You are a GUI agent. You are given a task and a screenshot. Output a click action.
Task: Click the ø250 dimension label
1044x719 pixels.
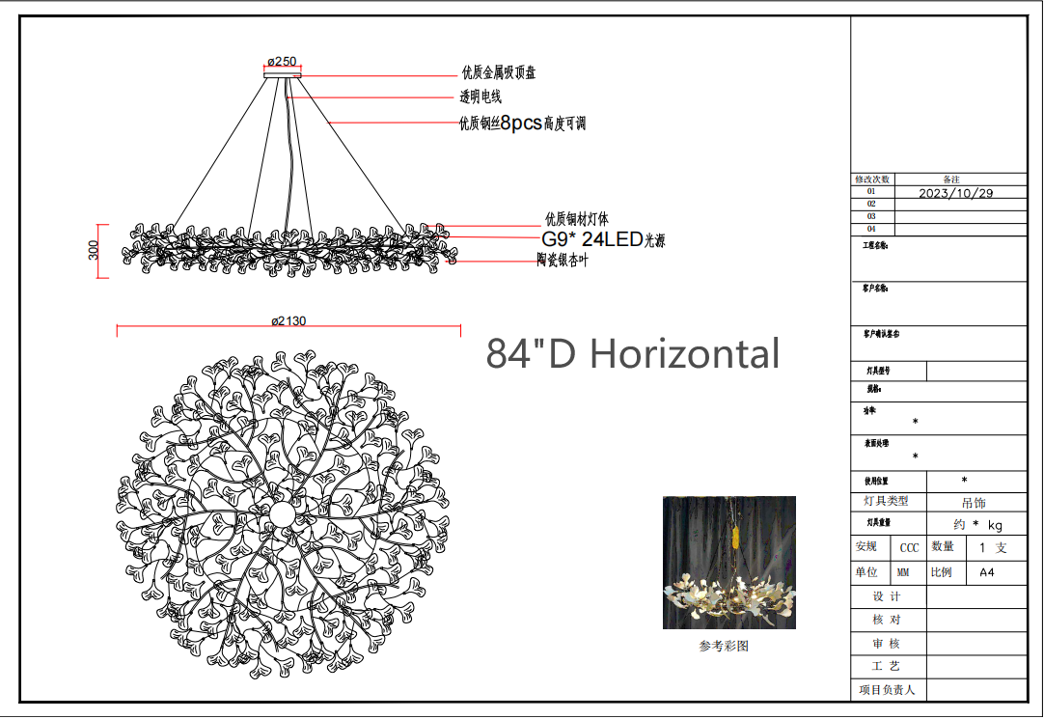click(282, 61)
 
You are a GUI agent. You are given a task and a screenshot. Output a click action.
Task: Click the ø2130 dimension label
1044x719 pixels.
click(288, 320)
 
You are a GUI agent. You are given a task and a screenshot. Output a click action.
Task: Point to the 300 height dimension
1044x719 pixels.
click(94, 251)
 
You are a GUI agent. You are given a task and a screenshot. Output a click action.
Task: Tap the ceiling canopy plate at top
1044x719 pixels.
click(282, 73)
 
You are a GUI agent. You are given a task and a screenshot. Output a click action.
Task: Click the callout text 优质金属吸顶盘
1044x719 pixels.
click(498, 73)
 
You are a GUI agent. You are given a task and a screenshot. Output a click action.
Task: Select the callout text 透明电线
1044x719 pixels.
click(481, 97)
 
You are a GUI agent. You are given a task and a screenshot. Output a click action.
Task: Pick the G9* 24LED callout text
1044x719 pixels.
click(603, 239)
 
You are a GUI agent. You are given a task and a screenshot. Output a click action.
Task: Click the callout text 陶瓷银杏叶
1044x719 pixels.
click(563, 261)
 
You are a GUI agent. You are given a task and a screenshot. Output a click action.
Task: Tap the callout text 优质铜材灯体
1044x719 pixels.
click(577, 220)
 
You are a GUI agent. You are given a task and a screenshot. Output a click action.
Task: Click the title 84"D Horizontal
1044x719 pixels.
click(632, 354)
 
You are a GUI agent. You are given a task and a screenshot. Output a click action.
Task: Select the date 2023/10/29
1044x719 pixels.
click(955, 193)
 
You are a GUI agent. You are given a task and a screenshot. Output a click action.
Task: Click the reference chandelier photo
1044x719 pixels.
click(728, 563)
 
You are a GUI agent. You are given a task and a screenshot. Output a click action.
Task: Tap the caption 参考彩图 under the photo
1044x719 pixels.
click(724, 647)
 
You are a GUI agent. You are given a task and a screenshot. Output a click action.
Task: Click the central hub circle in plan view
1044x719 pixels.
click(282, 513)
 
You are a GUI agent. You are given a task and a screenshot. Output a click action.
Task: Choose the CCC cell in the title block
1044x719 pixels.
click(909, 548)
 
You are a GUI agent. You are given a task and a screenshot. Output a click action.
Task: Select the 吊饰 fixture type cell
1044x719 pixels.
click(975, 503)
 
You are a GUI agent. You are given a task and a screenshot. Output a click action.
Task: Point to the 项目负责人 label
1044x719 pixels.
click(886, 690)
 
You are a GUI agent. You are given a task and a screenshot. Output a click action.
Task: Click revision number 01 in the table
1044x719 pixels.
click(871, 192)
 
